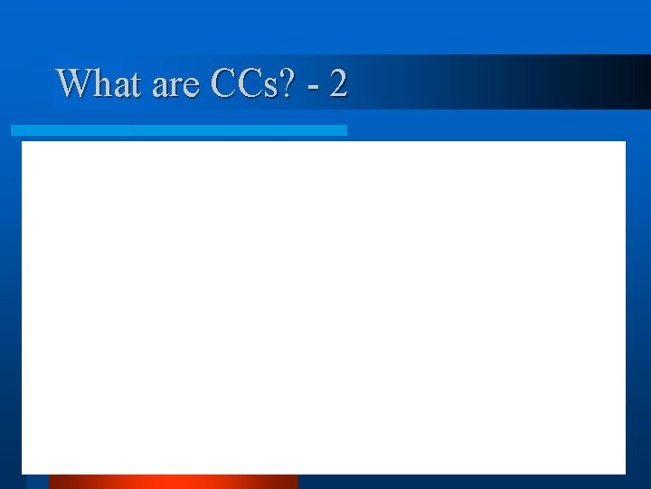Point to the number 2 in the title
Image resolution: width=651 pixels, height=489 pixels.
338,84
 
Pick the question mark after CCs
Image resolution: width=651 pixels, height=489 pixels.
292,84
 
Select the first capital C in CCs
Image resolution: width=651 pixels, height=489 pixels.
225,84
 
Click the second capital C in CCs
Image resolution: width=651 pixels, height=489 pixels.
250,84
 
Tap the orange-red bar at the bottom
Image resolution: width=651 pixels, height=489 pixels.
173,481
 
